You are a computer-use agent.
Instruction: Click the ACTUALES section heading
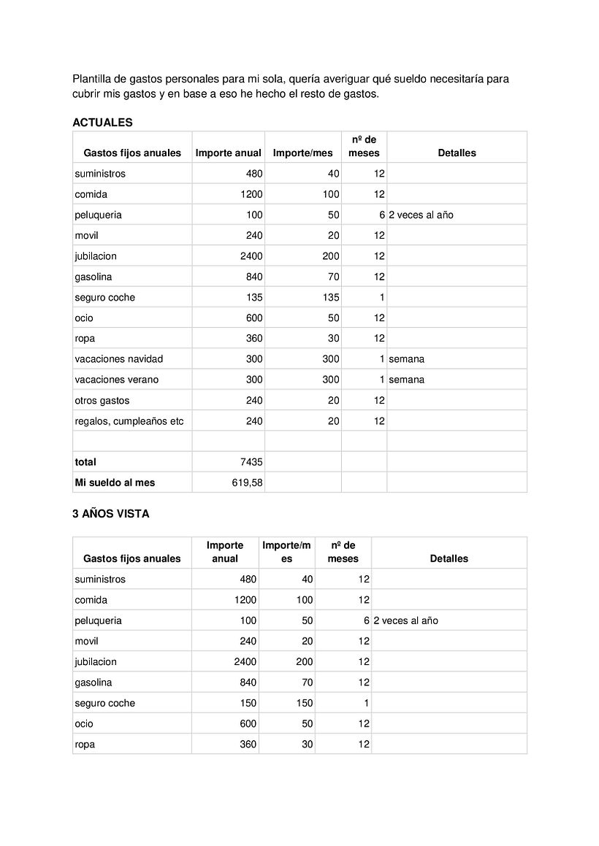pyautogui.click(x=102, y=123)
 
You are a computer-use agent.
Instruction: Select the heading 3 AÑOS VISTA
pyautogui.click(x=110, y=514)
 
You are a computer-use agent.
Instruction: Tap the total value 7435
pyautogui.click(x=251, y=462)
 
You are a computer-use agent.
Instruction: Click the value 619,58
pyautogui.click(x=248, y=482)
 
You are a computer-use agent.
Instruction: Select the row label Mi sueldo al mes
pyautogui.click(x=115, y=482)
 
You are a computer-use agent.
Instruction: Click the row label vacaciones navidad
pyautogui.click(x=118, y=359)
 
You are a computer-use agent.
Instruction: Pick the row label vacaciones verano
pyautogui.click(x=116, y=380)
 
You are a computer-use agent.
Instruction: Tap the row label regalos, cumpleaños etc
pyautogui.click(x=129, y=421)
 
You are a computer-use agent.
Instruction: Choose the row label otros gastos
pyautogui.click(x=102, y=401)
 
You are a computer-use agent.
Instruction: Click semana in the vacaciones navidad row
pyautogui.click(x=406, y=359)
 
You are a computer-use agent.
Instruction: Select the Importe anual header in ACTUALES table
pyautogui.click(x=228, y=153)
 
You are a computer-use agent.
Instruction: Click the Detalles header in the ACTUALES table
pyautogui.click(x=457, y=153)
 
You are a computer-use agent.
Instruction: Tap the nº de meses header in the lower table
pyautogui.click(x=343, y=552)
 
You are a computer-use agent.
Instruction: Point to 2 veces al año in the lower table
pyautogui.click(x=405, y=620)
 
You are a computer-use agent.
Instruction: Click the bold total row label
pyautogui.click(x=85, y=462)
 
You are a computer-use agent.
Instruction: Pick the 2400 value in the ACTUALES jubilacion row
pyautogui.click(x=251, y=256)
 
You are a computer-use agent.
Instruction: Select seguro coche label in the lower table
pyautogui.click(x=104, y=703)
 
